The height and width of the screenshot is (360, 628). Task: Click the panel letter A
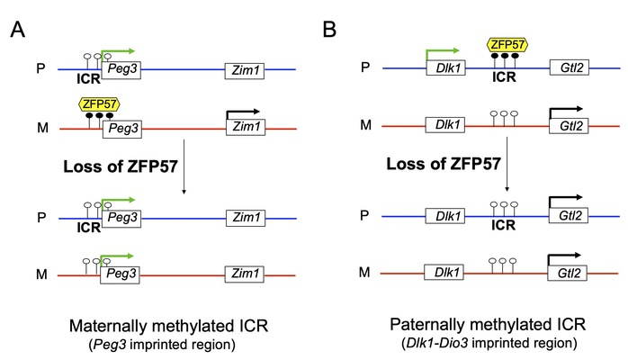point(18,30)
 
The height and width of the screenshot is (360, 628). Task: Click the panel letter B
point(329,30)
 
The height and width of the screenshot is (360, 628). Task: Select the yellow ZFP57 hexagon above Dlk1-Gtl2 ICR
point(507,43)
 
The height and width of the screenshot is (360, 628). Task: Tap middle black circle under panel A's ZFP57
point(98,116)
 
